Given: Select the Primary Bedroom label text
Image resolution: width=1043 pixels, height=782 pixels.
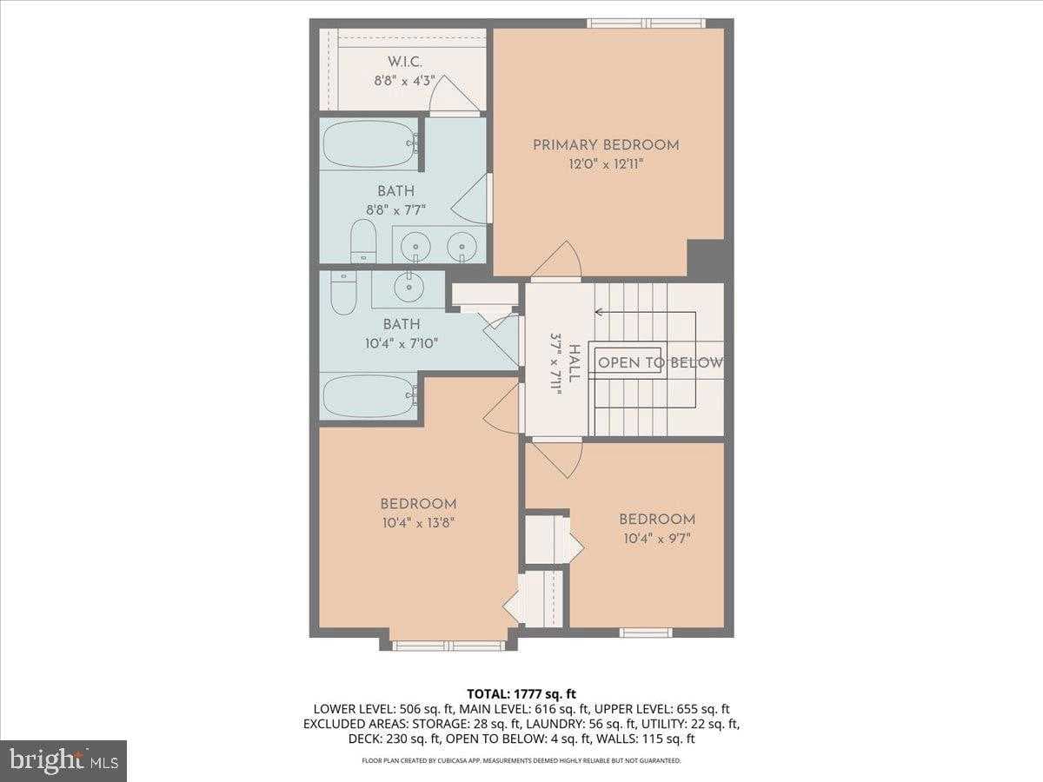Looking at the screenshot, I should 606,145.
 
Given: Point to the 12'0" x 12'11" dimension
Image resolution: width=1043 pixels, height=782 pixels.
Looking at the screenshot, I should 606,163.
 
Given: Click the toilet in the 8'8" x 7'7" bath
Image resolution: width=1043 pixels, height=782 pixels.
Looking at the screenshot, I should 362,241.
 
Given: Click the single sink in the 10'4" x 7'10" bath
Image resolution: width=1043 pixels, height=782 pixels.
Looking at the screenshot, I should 408,283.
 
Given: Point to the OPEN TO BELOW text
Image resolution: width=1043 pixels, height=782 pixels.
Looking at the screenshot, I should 660,363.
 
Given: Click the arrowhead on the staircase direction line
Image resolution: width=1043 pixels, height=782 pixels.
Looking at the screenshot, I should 599,312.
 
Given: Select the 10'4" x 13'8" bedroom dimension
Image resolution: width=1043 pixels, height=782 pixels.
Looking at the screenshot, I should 418,522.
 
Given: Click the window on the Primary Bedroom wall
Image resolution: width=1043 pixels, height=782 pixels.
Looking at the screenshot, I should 645,23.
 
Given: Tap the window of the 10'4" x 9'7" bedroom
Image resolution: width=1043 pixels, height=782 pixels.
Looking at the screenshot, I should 645,632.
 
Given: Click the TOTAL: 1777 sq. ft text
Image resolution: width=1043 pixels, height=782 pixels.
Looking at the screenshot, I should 521,693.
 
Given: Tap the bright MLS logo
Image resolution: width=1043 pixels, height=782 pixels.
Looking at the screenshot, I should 63,761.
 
